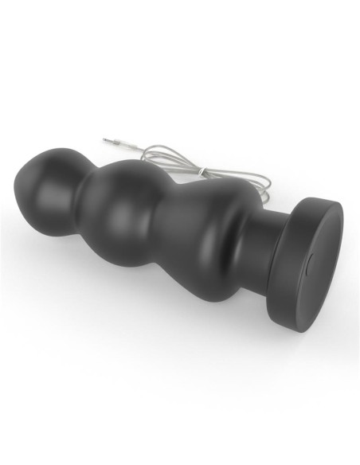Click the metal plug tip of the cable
pos(108,142)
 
